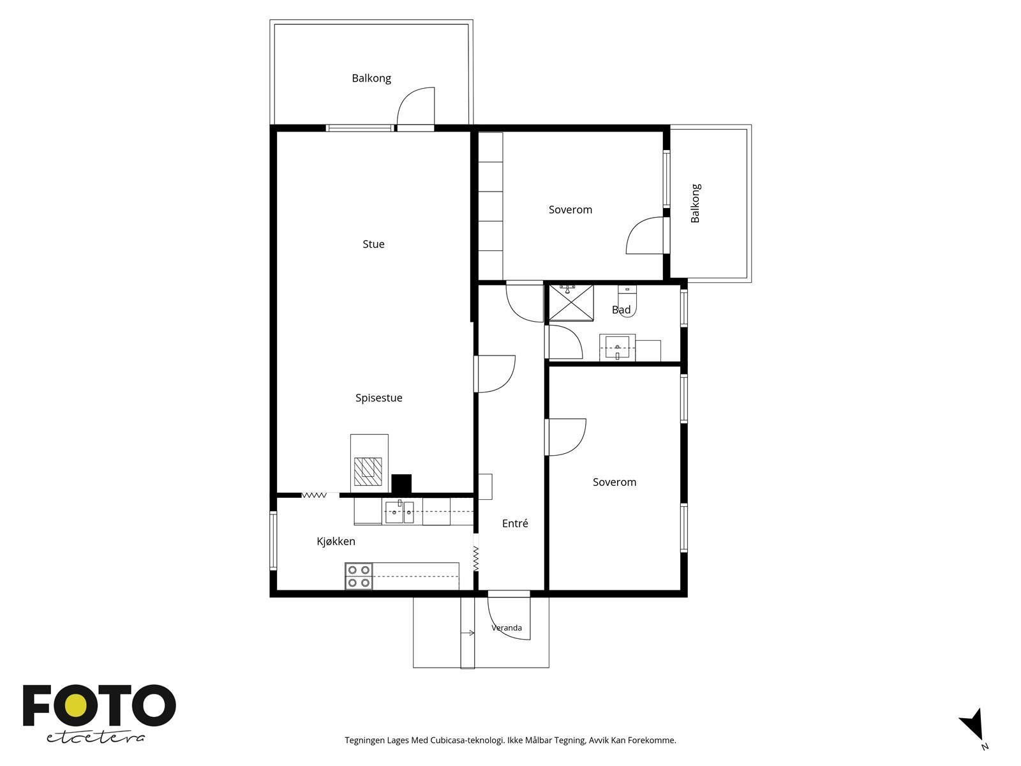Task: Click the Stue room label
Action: (x=373, y=244)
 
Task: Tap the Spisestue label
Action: (x=378, y=398)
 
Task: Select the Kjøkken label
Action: (x=336, y=541)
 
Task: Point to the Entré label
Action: (x=515, y=523)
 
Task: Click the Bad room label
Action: (x=622, y=310)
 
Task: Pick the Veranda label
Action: (x=507, y=628)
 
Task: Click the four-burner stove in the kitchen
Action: (x=359, y=576)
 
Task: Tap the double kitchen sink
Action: (x=399, y=512)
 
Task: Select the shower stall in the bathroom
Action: (x=571, y=303)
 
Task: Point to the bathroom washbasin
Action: (x=617, y=347)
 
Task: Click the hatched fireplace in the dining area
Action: (x=368, y=472)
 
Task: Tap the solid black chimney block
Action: (x=401, y=484)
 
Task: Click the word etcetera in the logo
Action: (x=96, y=738)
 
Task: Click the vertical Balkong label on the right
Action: (x=696, y=203)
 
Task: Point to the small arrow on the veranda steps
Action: (x=468, y=633)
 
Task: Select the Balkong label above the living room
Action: (x=371, y=78)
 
